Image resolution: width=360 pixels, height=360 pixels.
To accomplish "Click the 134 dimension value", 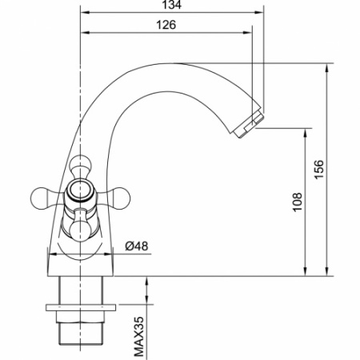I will tap(171, 6).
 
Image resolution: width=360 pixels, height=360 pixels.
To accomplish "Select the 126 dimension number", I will tap(166, 25).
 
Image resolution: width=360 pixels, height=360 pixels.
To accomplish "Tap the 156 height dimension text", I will tap(318, 169).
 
